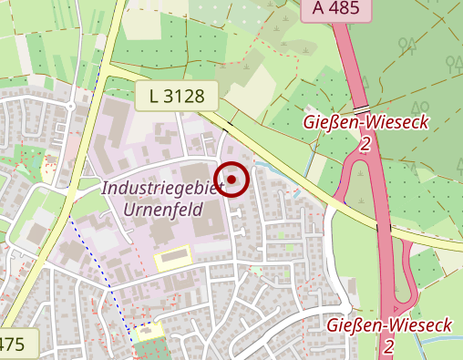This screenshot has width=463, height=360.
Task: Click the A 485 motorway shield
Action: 336,8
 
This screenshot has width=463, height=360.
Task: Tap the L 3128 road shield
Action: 176,95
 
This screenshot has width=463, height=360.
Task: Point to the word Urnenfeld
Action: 160,209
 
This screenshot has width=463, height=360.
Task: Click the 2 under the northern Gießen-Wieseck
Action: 365,144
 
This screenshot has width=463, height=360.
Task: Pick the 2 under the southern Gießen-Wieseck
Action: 388,346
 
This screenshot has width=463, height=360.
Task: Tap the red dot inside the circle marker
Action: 231,179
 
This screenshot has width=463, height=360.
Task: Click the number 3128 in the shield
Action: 185,95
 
